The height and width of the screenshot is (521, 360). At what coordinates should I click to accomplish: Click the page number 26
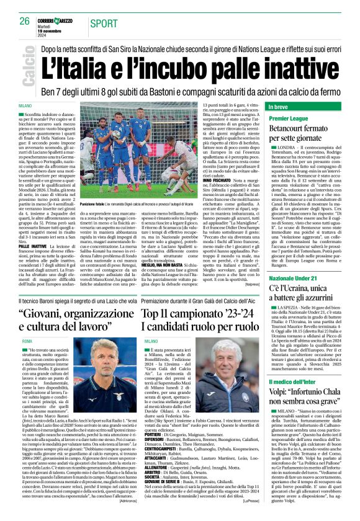tap(24, 20)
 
